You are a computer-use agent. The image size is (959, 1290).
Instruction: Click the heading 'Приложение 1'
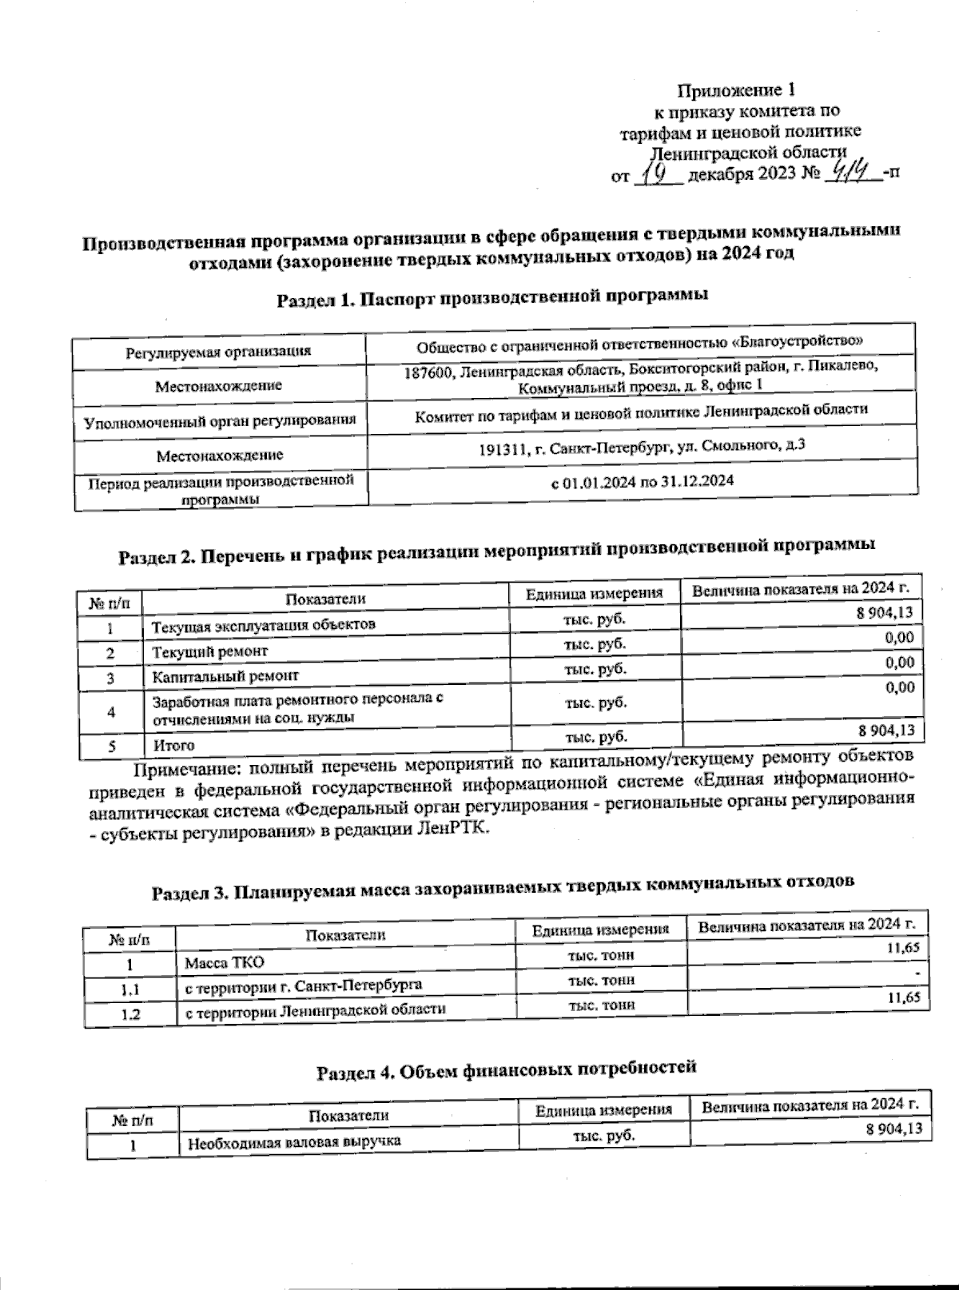coord(736,90)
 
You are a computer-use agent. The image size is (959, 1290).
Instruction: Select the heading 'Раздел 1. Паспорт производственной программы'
coord(492,299)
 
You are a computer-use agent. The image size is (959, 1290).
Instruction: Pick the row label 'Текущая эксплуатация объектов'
coord(264,624)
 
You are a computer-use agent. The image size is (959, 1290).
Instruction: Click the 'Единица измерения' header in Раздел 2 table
coord(595,594)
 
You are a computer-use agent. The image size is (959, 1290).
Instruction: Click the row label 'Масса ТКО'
coord(224,963)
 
